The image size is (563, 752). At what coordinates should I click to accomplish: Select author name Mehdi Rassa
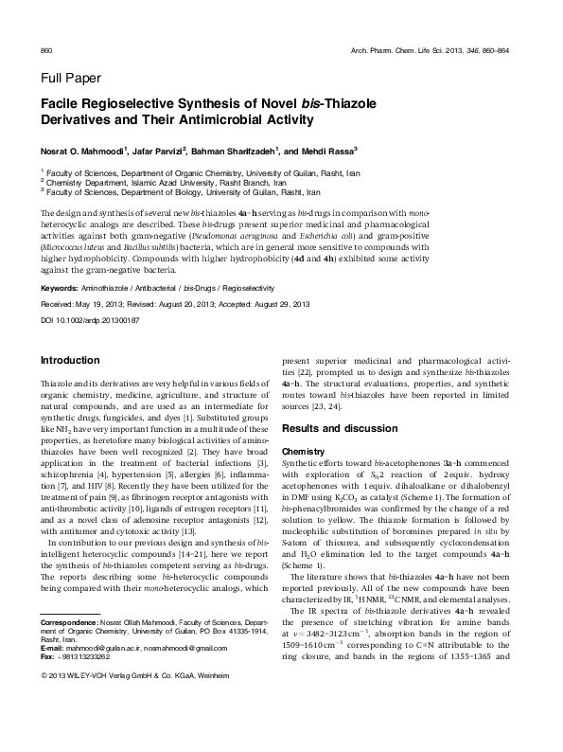(x=327, y=150)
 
